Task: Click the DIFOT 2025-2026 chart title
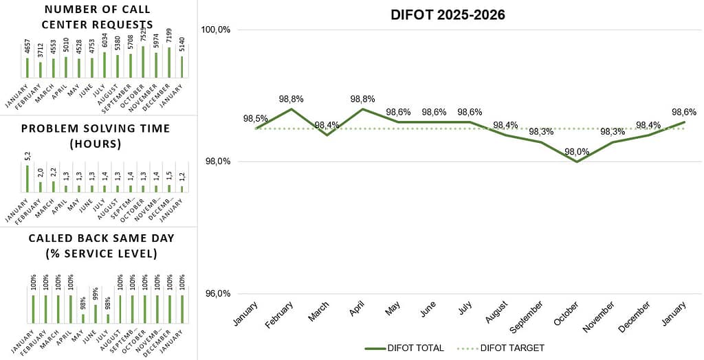[448, 15]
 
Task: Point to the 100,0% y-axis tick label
[215, 30]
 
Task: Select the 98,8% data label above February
[291, 99]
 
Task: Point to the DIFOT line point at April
[362, 109]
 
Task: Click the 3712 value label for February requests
[41, 51]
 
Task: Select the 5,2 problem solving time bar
[27, 178]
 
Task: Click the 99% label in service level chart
[96, 294]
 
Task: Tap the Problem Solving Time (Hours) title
[96, 136]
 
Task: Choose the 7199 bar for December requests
[169, 62]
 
